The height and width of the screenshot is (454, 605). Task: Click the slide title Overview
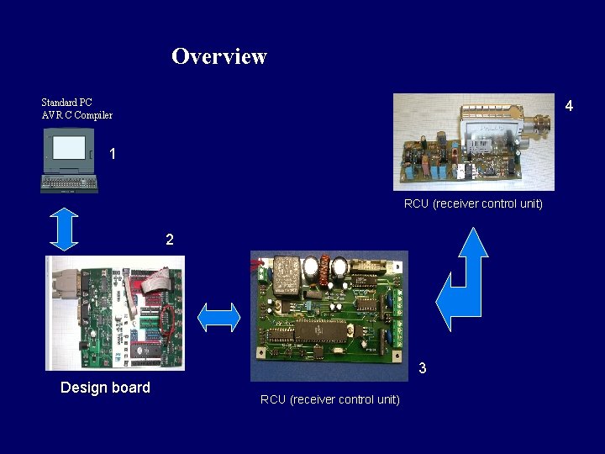point(219,56)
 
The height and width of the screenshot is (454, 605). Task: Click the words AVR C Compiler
point(76,115)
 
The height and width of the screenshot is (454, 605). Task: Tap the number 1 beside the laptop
point(113,155)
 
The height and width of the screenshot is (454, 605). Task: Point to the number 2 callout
point(170,240)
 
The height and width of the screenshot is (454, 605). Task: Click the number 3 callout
point(423,368)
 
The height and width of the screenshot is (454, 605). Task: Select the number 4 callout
point(569,106)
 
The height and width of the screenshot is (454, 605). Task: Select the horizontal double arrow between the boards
point(218,317)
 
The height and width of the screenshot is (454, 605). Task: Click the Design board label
point(105,388)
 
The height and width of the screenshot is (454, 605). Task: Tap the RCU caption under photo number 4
point(473,203)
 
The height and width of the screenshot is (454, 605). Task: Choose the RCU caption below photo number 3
point(329,399)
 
